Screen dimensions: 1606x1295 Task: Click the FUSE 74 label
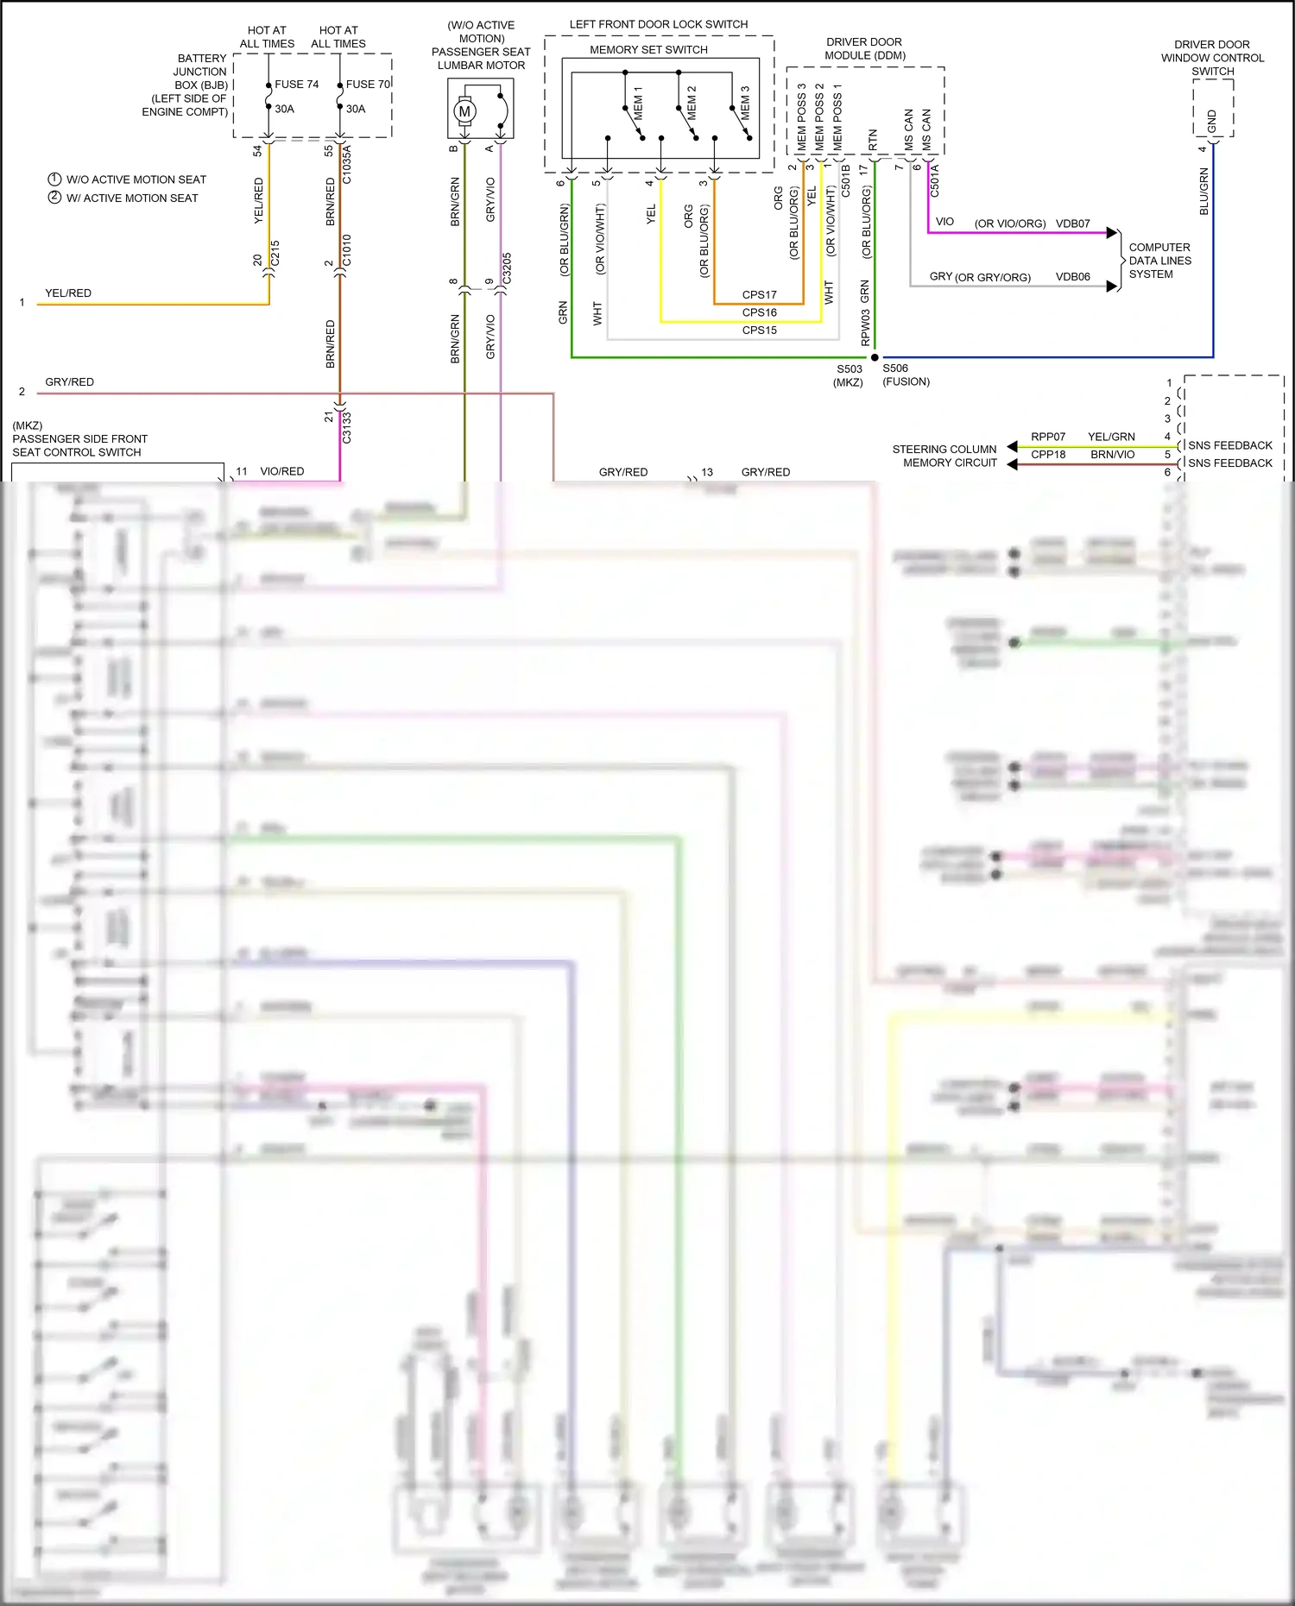tap(296, 85)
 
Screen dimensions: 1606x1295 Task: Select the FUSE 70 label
tap(368, 85)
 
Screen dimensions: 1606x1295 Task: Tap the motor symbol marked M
tap(465, 111)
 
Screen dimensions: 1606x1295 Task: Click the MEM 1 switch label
tap(638, 103)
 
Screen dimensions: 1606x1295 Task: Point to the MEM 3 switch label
tap(745, 103)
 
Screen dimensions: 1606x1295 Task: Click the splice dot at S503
tap(875, 357)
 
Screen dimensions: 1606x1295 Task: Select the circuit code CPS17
tap(759, 295)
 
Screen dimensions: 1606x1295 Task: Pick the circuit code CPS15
tap(759, 331)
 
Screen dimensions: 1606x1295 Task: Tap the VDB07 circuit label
tap(1072, 224)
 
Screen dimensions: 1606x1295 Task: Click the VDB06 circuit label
tap(1072, 277)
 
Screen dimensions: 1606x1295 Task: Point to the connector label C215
tap(275, 254)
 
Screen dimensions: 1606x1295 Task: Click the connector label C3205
tap(507, 268)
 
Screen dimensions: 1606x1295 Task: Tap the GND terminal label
tap(1212, 122)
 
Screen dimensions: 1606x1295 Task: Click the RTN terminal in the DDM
tap(873, 140)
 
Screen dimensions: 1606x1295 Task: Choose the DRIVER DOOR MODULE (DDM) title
tap(863, 48)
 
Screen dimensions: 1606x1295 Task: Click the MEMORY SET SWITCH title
tap(648, 50)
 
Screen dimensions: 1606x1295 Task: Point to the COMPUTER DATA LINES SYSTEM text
tap(1159, 261)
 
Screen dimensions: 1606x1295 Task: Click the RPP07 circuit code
tap(1048, 437)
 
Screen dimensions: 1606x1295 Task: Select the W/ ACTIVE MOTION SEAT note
tap(132, 198)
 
